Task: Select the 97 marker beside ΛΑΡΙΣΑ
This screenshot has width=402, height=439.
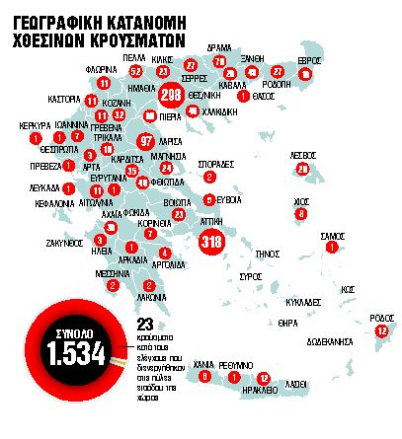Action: (x=148, y=141)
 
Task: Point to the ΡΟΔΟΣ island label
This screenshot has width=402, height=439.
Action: (x=381, y=317)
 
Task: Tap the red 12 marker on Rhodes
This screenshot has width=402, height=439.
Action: (x=381, y=332)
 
